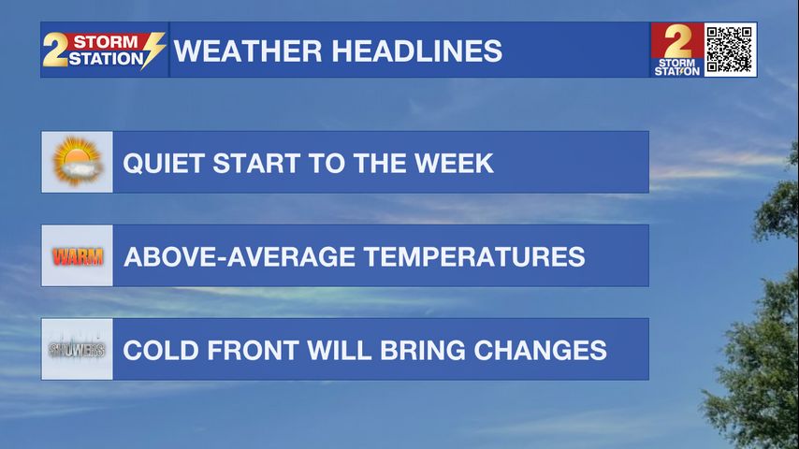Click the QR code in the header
click(x=730, y=50)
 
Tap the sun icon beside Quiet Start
click(x=77, y=162)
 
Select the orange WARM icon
click(x=78, y=256)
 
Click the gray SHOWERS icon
click(x=77, y=350)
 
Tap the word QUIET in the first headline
click(x=164, y=163)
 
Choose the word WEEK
click(x=454, y=163)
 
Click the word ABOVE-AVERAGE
click(x=240, y=256)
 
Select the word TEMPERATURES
click(x=474, y=256)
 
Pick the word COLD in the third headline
click(x=161, y=350)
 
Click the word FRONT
click(x=253, y=350)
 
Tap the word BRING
click(x=423, y=350)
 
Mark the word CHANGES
click(x=540, y=350)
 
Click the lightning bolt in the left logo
click(x=153, y=50)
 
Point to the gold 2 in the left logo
click(x=55, y=50)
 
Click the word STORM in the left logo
click(x=106, y=41)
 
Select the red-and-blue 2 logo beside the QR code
click(x=677, y=50)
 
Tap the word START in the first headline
click(x=255, y=163)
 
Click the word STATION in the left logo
click(x=106, y=59)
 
